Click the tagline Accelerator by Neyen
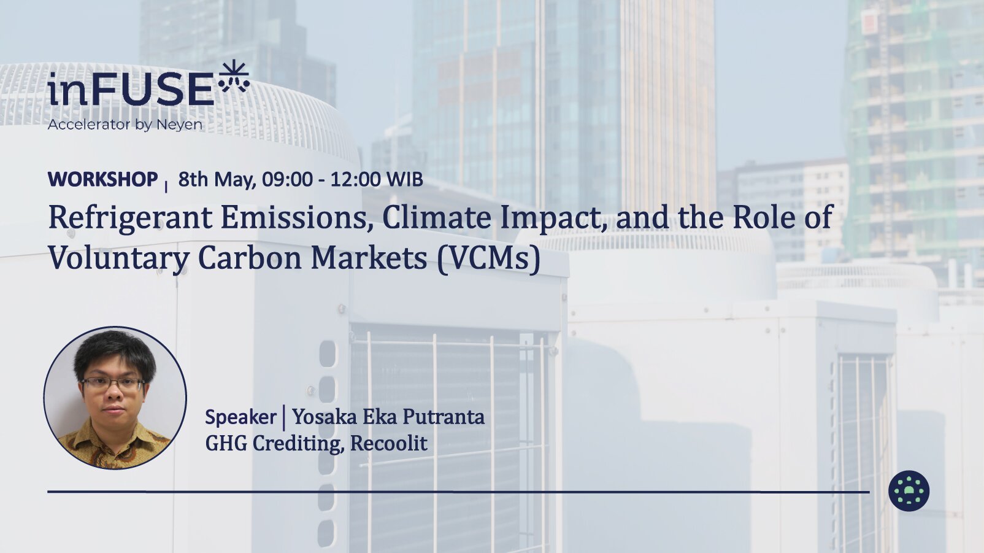click(x=125, y=125)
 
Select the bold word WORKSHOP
click(x=103, y=179)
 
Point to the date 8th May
click(x=217, y=179)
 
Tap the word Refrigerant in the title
click(x=131, y=218)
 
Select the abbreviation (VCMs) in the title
click(x=488, y=258)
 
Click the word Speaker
click(x=240, y=417)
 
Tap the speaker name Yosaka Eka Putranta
click(x=388, y=417)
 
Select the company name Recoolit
click(x=389, y=443)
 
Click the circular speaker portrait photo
click(x=115, y=398)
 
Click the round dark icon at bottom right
click(x=909, y=491)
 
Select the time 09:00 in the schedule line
click(x=288, y=179)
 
